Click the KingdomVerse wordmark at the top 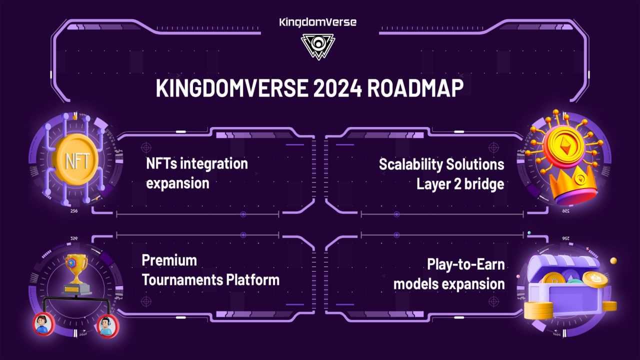tap(317, 22)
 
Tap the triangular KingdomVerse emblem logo tap(317, 47)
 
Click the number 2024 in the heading tap(337, 88)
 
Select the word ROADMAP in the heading tap(415, 88)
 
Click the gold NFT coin tap(76, 160)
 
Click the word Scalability tap(410, 165)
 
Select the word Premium tap(169, 260)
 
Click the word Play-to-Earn tap(465, 264)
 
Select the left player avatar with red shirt tap(43, 324)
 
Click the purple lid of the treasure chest tap(563, 264)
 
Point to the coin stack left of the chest tap(538, 310)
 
